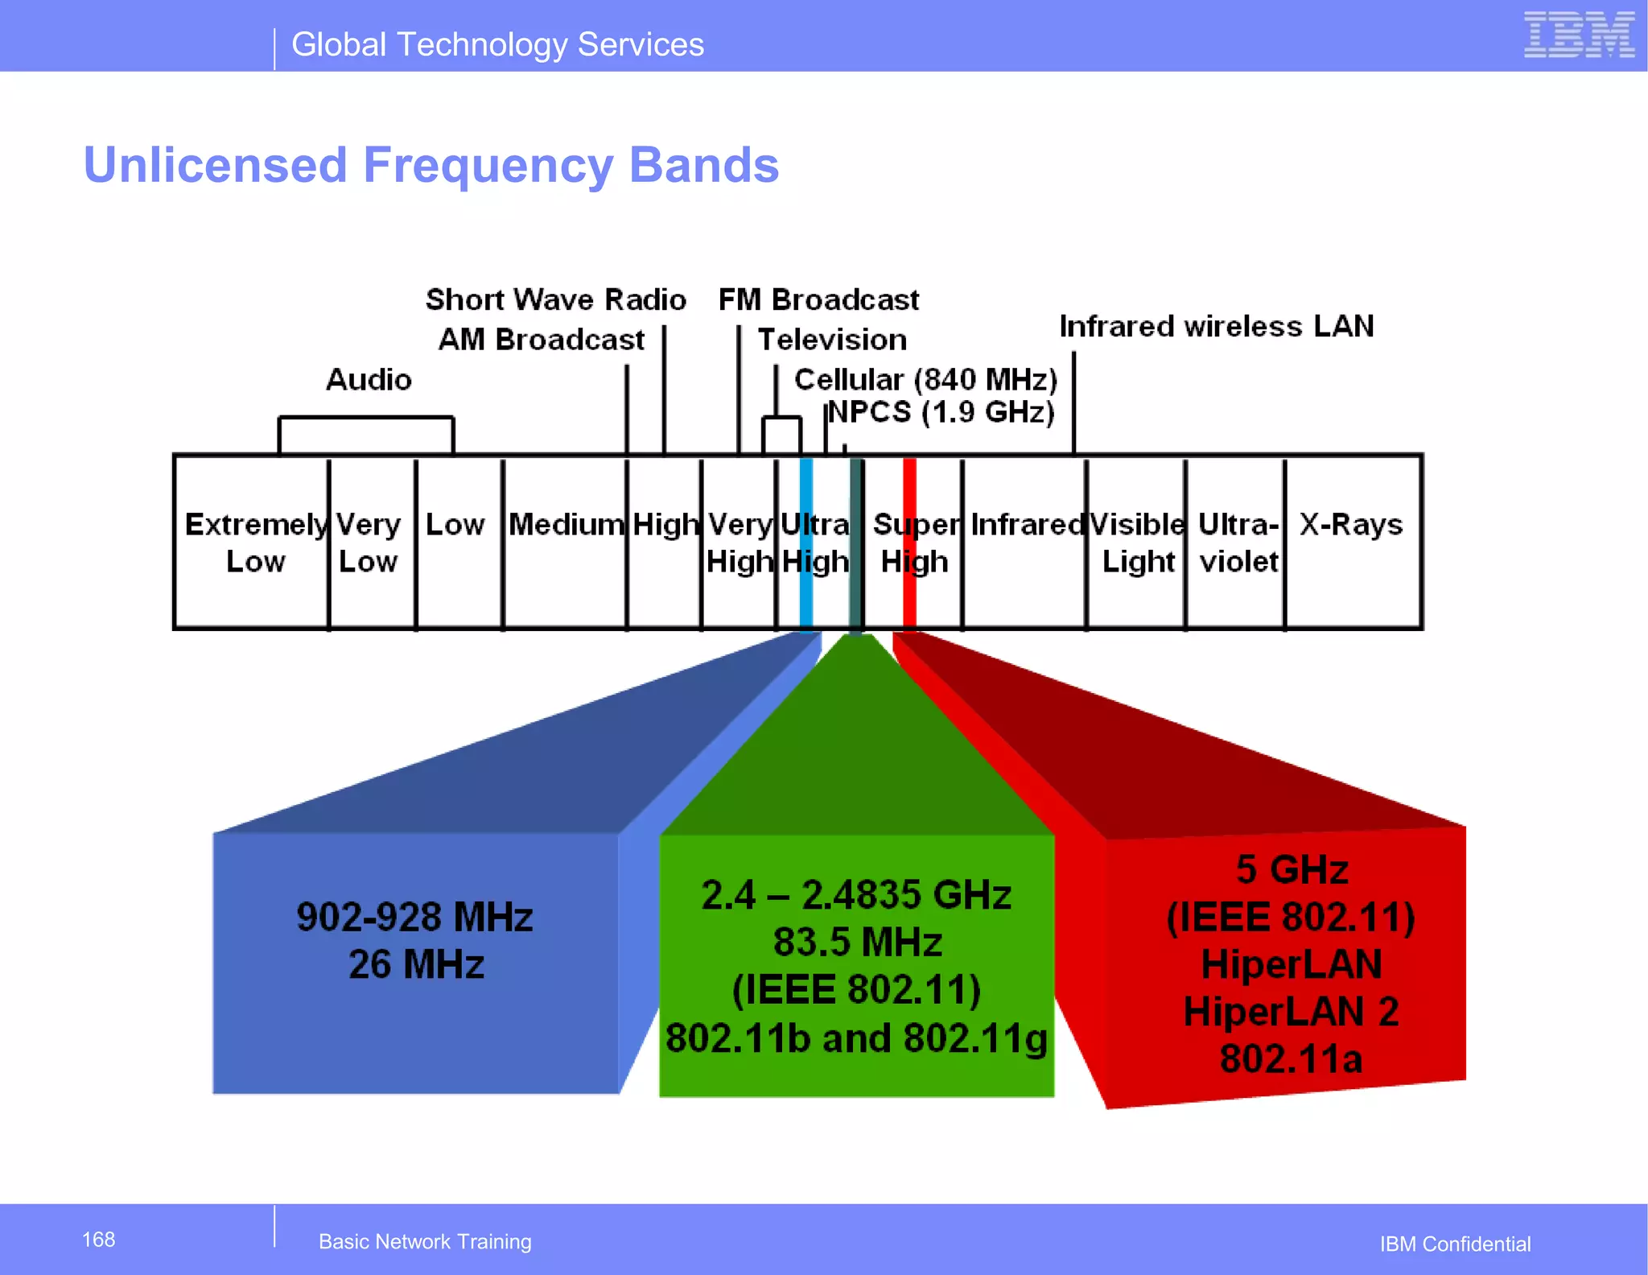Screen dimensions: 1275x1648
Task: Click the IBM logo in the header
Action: click(1579, 35)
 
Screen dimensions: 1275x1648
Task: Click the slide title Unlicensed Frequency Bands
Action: click(431, 165)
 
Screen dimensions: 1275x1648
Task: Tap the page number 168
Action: click(98, 1240)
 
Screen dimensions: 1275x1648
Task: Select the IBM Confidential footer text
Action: click(1455, 1244)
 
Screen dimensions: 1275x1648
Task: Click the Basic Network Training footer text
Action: click(425, 1241)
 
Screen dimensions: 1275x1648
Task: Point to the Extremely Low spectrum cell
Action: click(254, 543)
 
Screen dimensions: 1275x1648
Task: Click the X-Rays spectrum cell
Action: click(1351, 525)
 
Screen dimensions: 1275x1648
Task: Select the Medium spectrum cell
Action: click(566, 525)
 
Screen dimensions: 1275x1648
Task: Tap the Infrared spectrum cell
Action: click(1027, 525)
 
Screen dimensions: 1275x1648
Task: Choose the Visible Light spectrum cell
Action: click(1136, 543)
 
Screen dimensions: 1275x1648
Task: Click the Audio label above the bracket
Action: click(369, 379)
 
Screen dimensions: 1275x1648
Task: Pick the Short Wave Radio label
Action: click(555, 299)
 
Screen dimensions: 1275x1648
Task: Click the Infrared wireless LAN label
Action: click(1216, 326)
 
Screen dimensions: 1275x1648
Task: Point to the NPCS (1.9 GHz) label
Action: click(941, 412)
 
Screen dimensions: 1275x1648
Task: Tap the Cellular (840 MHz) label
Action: click(925, 379)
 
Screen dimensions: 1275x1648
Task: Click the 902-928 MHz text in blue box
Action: click(414, 917)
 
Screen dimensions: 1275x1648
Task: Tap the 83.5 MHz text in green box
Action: click(857, 942)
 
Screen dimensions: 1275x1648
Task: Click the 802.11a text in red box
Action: click(1291, 1058)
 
